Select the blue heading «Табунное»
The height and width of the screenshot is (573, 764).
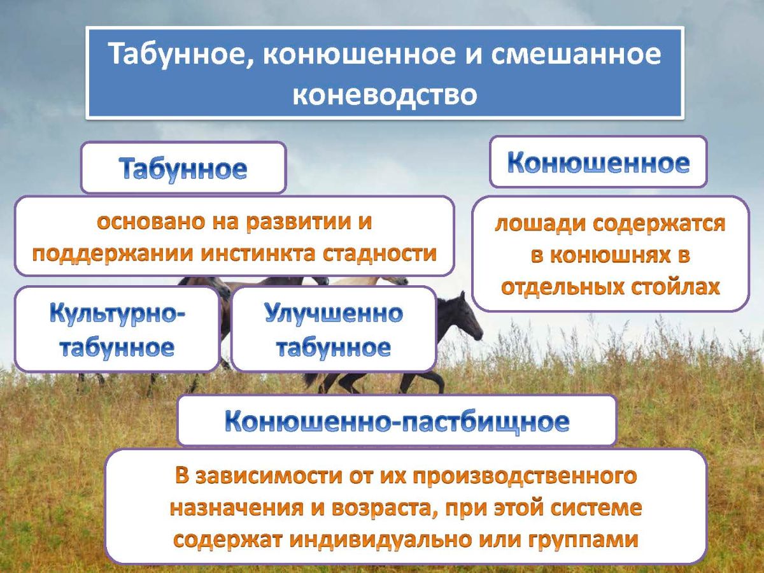[x=183, y=169]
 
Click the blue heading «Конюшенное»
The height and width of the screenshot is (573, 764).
[x=598, y=163]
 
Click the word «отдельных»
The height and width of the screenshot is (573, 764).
[x=561, y=286]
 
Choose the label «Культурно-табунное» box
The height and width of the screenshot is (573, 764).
[x=118, y=330]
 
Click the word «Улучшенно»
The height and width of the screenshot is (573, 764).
[x=334, y=314]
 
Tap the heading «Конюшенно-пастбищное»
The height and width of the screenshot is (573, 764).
[x=396, y=421]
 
